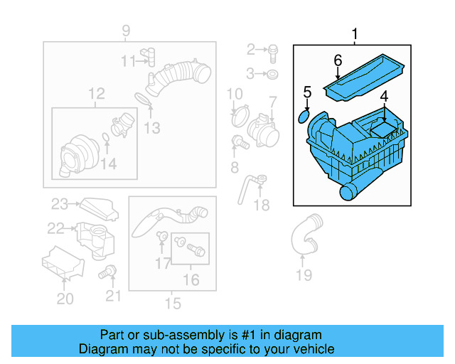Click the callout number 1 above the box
355,33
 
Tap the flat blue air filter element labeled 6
363,77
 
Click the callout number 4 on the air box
383,97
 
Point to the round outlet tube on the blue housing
350,190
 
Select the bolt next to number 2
274,50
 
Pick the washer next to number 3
274,73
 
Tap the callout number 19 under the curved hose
304,275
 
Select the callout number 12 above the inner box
96,93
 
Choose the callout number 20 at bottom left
65,299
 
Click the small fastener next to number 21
109,271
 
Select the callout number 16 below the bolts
191,280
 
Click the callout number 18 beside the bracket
262,205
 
